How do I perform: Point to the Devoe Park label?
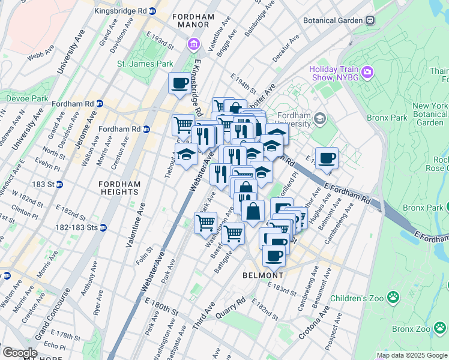click(27, 98)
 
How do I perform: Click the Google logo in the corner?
click(19, 352)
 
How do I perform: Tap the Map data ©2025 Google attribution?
click(411, 355)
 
